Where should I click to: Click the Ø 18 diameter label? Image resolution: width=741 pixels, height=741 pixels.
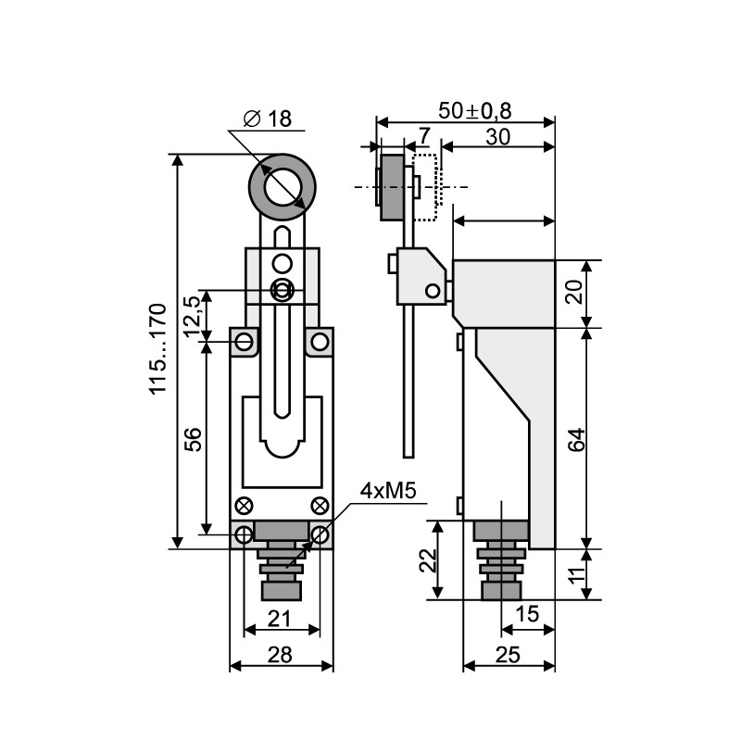coord(268,119)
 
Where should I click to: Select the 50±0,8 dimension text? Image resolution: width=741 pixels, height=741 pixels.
coord(475,110)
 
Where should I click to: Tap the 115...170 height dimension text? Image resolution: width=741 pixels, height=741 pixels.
coord(158,349)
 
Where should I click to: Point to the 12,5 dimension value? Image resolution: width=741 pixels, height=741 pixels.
coord(194,316)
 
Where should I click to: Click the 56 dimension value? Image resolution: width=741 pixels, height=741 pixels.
coord(193,439)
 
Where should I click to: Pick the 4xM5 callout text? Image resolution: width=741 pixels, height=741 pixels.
coord(388,491)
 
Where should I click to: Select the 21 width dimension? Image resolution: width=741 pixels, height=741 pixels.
coord(280,618)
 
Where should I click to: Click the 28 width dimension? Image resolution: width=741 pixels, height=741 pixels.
coord(281,655)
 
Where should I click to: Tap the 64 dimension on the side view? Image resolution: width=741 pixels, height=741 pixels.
coord(577,440)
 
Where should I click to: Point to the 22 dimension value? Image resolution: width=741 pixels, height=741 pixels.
coord(429,560)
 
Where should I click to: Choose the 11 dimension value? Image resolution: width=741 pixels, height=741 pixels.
coord(577,574)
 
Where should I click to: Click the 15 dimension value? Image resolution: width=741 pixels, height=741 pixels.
coord(527,614)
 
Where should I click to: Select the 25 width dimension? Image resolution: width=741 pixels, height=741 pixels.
coord(508,655)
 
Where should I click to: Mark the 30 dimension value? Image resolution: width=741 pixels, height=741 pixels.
coord(498,137)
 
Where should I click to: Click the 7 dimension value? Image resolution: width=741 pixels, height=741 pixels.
coord(424,136)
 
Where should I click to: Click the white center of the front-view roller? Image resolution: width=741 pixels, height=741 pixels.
coord(283,187)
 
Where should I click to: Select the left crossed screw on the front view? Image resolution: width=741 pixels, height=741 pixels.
coord(244,506)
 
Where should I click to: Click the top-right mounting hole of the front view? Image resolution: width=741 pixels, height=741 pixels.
coord(320,341)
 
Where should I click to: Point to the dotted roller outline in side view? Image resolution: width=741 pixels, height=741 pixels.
coord(425,187)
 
